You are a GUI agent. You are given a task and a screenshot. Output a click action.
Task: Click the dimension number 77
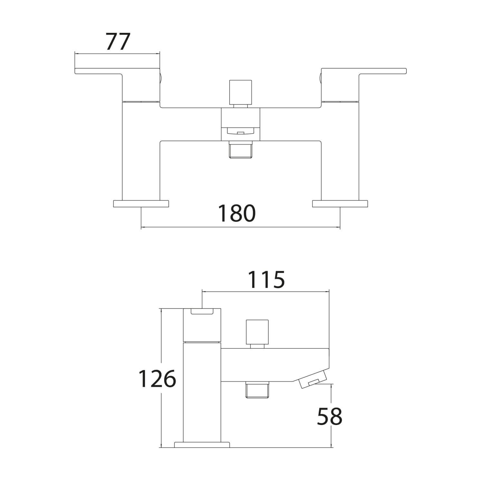click(x=118, y=42)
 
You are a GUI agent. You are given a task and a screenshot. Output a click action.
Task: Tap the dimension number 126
click(x=157, y=379)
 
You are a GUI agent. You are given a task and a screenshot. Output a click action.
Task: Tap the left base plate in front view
click(x=141, y=204)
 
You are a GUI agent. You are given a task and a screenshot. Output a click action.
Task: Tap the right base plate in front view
click(x=340, y=204)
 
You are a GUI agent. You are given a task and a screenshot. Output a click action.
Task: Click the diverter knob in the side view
click(x=257, y=332)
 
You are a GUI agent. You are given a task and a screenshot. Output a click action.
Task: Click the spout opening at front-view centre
click(x=240, y=131)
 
